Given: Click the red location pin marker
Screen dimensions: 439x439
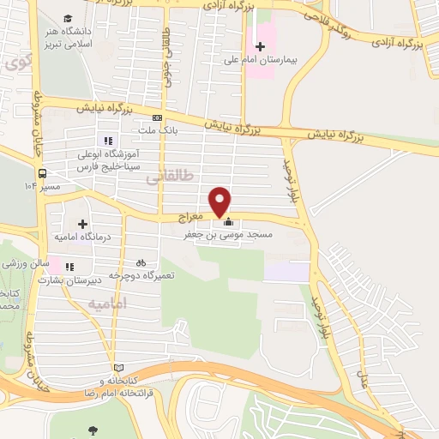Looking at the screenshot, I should point(221,201).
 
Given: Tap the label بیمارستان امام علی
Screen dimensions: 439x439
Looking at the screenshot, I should point(292,61).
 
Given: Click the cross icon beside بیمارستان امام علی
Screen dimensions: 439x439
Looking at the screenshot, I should point(261,45).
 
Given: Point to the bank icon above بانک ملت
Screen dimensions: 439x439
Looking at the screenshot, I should point(156,118).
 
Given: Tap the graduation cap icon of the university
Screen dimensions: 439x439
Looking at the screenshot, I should point(69,18).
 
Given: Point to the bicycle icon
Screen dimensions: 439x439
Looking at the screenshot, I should point(141,262).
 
